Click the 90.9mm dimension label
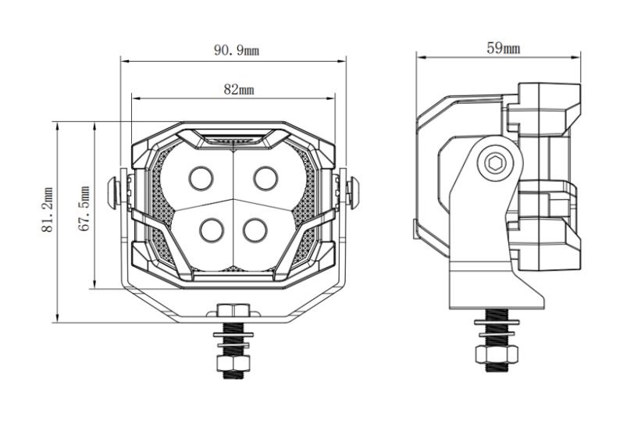pos(237,50)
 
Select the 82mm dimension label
pos(239,89)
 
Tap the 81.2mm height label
pos(48,210)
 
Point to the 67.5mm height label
pos(84,209)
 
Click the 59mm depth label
pos(504,48)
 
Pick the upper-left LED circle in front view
pos(201,178)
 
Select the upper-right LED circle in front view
pos(265,178)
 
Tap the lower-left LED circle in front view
pos(212,230)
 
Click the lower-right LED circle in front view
pos(255,230)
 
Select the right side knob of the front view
pos(353,192)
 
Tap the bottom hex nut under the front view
pos(233,362)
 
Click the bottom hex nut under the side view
pos(497,354)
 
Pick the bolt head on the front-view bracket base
pos(233,310)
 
